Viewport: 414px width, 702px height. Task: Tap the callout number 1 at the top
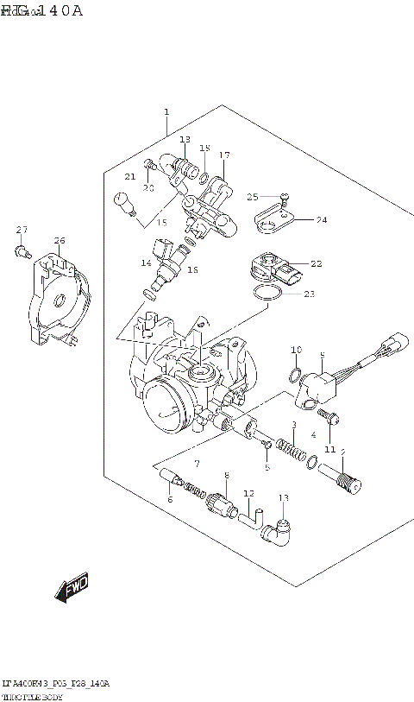tap(166, 112)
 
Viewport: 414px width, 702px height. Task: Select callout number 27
tap(22, 230)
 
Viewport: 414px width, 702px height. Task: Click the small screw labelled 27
tap(20, 251)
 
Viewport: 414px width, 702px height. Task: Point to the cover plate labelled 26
tap(53, 298)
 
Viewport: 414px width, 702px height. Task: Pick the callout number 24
tap(320, 220)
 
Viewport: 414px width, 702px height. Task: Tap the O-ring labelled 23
tap(268, 295)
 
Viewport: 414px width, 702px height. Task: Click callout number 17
tap(224, 155)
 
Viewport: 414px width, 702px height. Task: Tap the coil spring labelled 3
tap(295, 449)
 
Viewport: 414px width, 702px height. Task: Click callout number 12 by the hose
tap(248, 494)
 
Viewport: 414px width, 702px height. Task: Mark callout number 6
tap(170, 500)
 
